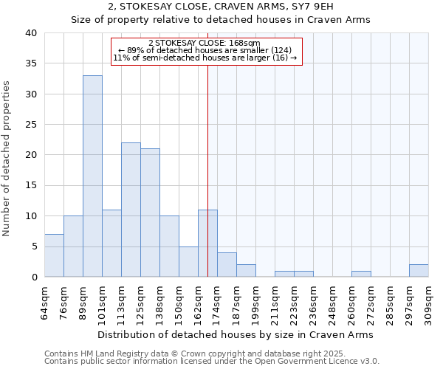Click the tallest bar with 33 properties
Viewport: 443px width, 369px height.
click(92, 176)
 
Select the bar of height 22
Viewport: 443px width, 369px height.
click(131, 210)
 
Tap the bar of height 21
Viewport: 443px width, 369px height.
click(150, 213)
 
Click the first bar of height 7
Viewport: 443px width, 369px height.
click(54, 255)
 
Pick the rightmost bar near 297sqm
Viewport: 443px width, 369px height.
click(419, 271)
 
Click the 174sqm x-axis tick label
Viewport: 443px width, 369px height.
click(218, 302)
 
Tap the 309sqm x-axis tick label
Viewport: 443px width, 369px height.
click(429, 302)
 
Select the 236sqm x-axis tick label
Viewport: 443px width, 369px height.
click(314, 302)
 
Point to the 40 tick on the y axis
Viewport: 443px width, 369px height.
click(30, 33)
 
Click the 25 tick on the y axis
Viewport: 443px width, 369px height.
click(30, 125)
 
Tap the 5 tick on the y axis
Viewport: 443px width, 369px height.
click(33, 246)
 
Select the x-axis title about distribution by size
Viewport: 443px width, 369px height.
click(236, 334)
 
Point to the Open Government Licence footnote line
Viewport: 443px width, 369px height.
click(212, 361)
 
